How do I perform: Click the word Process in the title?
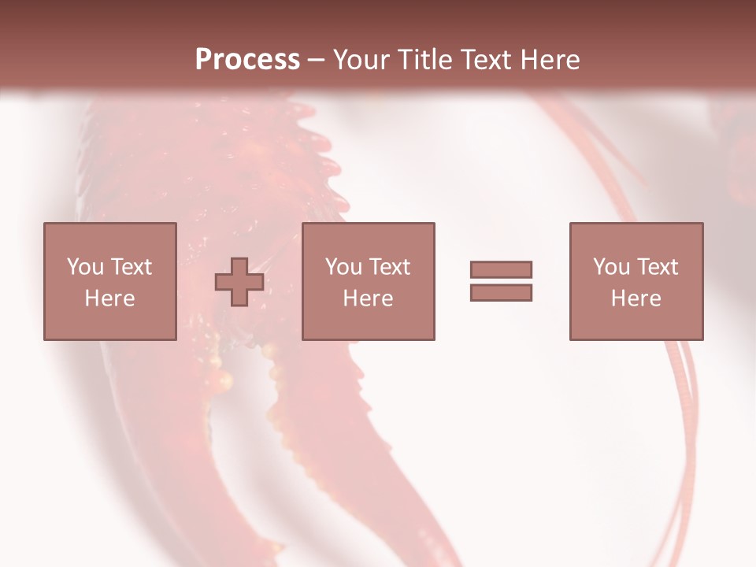pos(247,60)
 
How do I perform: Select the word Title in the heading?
pos(425,60)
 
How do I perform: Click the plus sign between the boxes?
pos(239,282)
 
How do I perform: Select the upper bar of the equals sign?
pos(501,270)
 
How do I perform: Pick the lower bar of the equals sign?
pos(501,293)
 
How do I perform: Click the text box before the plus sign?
pos(109,281)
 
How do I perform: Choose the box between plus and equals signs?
pos(368,281)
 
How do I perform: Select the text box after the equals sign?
pos(636,281)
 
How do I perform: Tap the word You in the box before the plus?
pos(85,267)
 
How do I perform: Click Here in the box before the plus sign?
pos(109,298)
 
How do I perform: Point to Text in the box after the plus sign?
pos(390,267)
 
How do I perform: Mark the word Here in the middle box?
pos(368,298)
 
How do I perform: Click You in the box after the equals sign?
pos(611,267)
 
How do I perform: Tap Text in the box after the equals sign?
pos(658,267)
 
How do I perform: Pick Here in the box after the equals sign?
pos(636,298)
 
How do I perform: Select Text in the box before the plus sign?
pos(132,267)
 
